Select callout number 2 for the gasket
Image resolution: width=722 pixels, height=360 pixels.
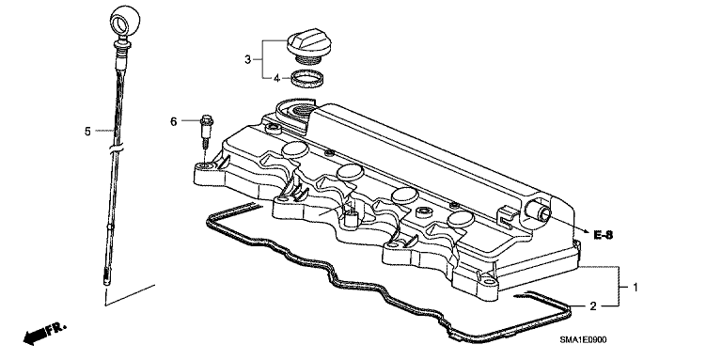(x=593, y=305)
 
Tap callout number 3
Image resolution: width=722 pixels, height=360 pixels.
(x=248, y=60)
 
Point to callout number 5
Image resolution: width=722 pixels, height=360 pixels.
(x=88, y=132)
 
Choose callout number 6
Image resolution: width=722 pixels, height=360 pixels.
(x=173, y=121)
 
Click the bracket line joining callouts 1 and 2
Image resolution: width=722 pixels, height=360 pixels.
(x=618, y=287)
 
